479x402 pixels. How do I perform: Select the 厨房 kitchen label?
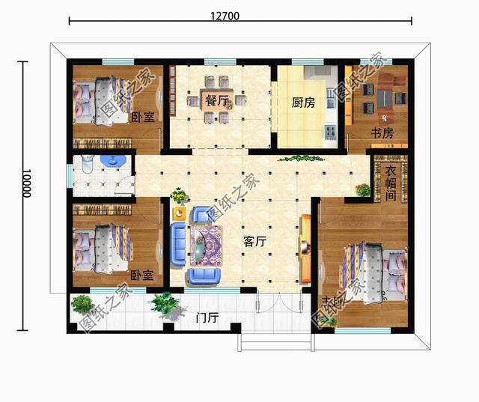[x=302, y=103]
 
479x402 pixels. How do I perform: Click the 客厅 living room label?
[x=255, y=242]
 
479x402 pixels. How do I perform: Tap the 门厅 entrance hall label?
[x=207, y=318]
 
